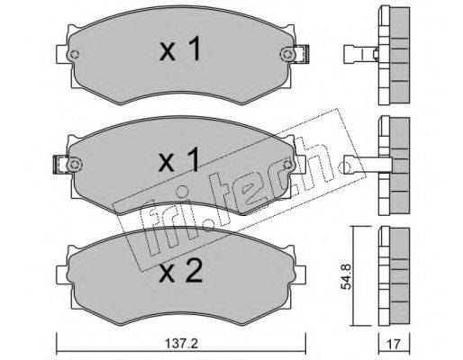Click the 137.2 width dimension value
pyautogui.click(x=181, y=344)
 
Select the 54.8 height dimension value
pyautogui.click(x=347, y=276)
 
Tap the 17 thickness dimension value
pyautogui.click(x=394, y=344)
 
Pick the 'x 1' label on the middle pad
pyautogui.click(x=179, y=159)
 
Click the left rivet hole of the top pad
pyautogui.click(x=74, y=55)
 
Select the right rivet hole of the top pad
pyautogui.click(x=287, y=55)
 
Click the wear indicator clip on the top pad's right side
pyautogui.click(x=302, y=54)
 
